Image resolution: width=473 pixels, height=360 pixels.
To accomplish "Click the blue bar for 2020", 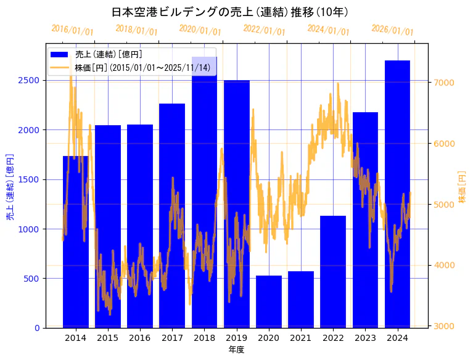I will pyautogui.click(x=269, y=301).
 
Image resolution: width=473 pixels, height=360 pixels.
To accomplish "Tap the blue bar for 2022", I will pyautogui.click(x=333, y=272).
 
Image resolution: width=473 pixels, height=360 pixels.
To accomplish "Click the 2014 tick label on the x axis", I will pyautogui.click(x=76, y=338).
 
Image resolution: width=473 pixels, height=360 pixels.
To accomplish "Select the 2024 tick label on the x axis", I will pyautogui.click(x=398, y=338).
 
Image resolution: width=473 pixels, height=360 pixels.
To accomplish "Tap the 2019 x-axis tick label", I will pyautogui.click(x=237, y=338).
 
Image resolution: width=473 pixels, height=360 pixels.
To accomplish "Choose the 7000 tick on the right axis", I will pyautogui.click(x=444, y=83).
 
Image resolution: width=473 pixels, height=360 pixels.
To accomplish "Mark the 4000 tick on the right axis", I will pyautogui.click(x=444, y=266).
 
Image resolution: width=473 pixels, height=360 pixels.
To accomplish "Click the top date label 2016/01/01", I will pyautogui.click(x=72, y=30).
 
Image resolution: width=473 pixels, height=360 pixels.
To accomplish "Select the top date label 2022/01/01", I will pyautogui.click(x=265, y=30).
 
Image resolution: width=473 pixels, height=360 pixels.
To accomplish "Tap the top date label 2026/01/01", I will pyautogui.click(x=393, y=30).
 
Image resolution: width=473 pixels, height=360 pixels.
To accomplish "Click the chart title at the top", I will pyautogui.click(x=231, y=12).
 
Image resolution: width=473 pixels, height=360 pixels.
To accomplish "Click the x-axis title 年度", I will pyautogui.click(x=236, y=350).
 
